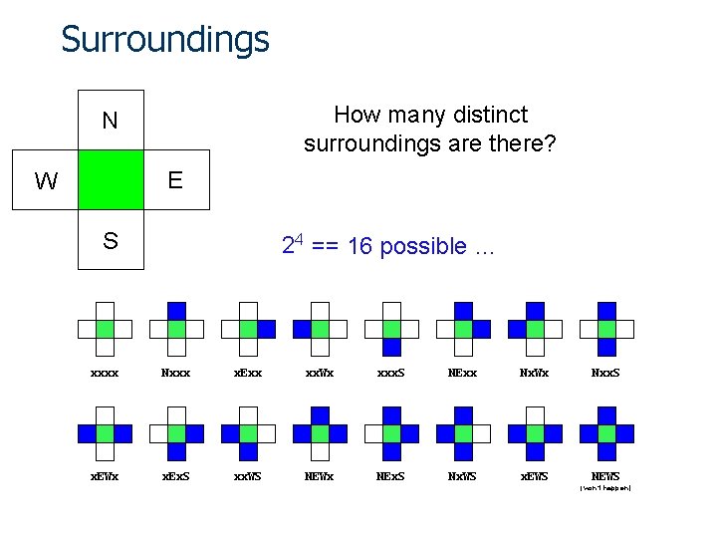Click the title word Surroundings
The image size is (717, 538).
pyautogui.click(x=165, y=40)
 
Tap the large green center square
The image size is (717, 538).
pyautogui.click(x=111, y=180)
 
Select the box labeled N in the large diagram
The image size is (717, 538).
pyautogui.click(x=111, y=121)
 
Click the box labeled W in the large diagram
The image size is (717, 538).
pyautogui.click(x=46, y=181)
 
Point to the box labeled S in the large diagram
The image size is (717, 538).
pyautogui.click(x=111, y=240)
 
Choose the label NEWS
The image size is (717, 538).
pyautogui.click(x=605, y=476)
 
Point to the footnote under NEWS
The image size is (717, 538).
pyautogui.click(x=605, y=488)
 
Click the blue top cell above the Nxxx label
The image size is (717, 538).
pyautogui.click(x=176, y=311)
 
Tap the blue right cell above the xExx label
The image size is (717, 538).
pyautogui.click(x=266, y=329)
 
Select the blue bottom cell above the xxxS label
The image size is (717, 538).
pyautogui.click(x=391, y=347)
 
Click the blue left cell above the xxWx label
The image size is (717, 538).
pyautogui.click(x=302, y=329)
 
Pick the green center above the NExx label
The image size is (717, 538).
pyautogui.click(x=463, y=329)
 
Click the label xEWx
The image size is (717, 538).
pyautogui.click(x=105, y=476)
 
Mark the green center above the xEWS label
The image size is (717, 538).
pyautogui.click(x=535, y=433)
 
